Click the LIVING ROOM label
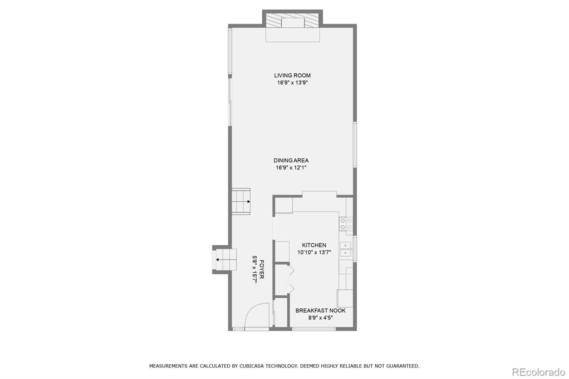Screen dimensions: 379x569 click(292, 75)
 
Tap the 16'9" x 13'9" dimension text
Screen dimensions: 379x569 click(292, 82)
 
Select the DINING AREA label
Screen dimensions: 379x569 click(291, 160)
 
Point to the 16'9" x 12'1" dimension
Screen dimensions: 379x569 click(291, 167)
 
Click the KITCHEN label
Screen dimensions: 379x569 click(314, 245)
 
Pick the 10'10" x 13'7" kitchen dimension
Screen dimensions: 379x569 click(314, 252)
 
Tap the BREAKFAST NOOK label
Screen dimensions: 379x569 click(320, 310)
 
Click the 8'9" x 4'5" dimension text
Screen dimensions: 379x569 click(320, 318)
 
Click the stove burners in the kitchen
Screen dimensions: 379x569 click(346, 224)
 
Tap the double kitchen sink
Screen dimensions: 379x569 click(345, 249)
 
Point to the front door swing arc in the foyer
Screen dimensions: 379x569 click(256, 315)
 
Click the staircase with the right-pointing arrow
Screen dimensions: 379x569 click(241, 202)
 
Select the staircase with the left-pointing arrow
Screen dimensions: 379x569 click(225, 260)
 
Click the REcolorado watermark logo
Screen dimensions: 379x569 click(538, 372)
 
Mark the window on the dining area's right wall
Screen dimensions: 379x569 click(355, 144)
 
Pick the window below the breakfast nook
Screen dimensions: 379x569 click(314, 329)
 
